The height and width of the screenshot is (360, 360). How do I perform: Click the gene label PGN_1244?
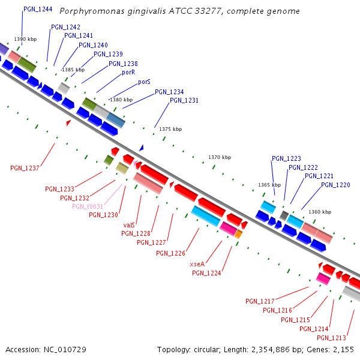click(38, 10)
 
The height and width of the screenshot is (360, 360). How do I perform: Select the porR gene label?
click(128, 72)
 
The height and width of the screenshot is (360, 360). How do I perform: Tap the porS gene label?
click(144, 82)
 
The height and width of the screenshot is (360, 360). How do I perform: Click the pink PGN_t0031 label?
click(88, 206)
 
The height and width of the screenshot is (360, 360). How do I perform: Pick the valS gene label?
click(129, 225)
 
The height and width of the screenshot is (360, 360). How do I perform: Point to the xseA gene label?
click(197, 264)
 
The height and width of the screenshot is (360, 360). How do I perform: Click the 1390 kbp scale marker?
click(26, 39)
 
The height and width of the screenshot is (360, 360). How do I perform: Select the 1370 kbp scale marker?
click(220, 157)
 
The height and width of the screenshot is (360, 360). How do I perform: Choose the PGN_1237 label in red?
click(25, 168)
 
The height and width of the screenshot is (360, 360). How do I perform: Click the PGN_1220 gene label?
click(335, 185)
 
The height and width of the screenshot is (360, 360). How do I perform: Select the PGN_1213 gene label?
click(332, 337)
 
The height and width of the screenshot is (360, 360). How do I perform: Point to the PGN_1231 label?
click(184, 100)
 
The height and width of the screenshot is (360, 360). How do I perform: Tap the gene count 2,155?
click(344, 349)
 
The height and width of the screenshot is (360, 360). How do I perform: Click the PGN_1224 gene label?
click(206, 273)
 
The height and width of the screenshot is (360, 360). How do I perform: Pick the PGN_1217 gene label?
click(260, 301)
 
